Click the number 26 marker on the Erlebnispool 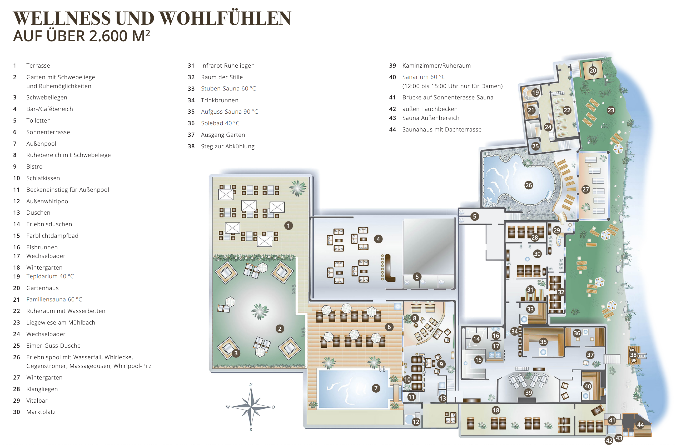pos(529,185)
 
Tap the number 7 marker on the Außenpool pos(376,388)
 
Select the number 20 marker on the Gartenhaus pos(593,70)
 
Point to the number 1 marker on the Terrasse pos(289,226)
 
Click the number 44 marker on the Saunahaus pos(640,424)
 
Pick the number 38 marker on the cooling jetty pos(633,355)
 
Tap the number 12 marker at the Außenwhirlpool pos(416,422)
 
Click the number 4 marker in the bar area pos(378,239)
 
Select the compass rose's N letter pos(251,384)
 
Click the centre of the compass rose pos(251,407)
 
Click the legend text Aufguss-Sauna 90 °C pos(229,112)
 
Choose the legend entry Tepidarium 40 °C pos(50,276)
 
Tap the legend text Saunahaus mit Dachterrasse pos(442,129)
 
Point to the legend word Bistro pos(34,166)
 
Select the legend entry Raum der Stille pos(222,77)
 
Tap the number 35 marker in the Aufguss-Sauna pos(543,342)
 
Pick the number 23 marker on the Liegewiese pos(611,110)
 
